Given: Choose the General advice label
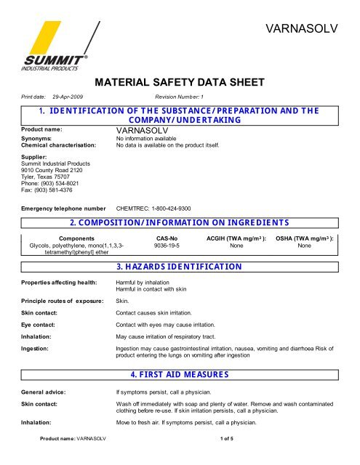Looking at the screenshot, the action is click(41, 391).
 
